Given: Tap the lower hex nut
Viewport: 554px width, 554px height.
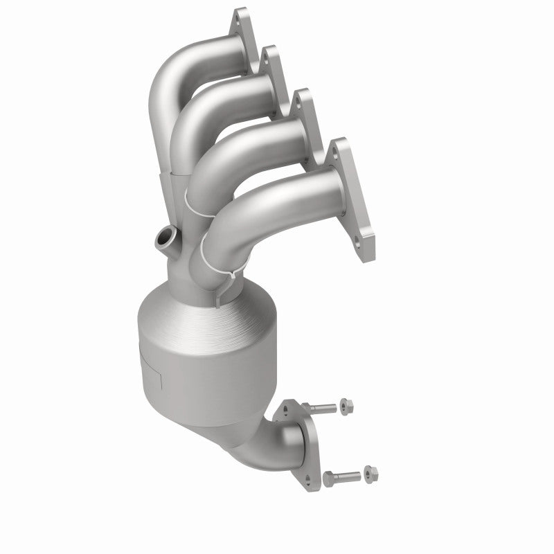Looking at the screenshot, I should [x=371, y=474].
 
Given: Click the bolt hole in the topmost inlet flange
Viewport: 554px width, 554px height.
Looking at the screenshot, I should [x=242, y=15].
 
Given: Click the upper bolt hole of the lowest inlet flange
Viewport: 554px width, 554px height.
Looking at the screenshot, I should [x=339, y=146].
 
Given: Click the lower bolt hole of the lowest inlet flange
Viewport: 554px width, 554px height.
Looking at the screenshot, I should [x=357, y=243].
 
